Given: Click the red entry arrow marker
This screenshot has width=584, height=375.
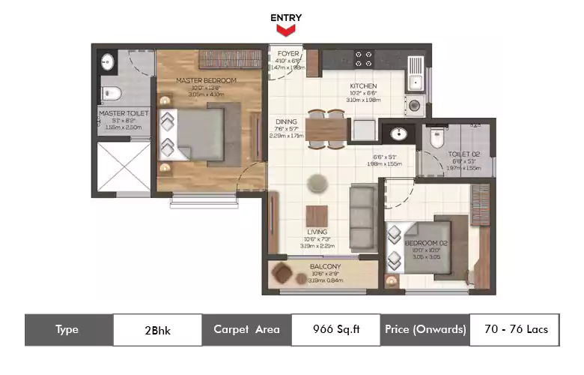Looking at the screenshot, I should point(285,30).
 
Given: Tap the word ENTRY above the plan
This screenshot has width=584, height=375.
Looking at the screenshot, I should point(285,16).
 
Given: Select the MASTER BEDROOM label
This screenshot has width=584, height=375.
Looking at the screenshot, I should point(206,80).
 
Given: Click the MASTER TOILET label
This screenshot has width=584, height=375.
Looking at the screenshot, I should point(124,114).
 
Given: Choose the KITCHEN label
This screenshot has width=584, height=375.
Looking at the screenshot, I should point(363,86).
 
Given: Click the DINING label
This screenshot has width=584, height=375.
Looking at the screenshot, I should point(285,121).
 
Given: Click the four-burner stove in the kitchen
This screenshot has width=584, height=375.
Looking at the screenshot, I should point(364,58).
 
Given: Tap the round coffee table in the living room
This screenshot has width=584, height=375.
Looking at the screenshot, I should point(317,180).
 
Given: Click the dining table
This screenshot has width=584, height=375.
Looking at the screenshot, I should point(326,129).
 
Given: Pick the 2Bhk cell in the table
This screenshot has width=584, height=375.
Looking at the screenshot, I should point(157,329).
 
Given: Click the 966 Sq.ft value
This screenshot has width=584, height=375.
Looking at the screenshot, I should point(335,329).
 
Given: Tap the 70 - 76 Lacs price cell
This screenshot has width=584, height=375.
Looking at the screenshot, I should point(514,329).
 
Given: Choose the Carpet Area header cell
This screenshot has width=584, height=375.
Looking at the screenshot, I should point(246,329).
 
